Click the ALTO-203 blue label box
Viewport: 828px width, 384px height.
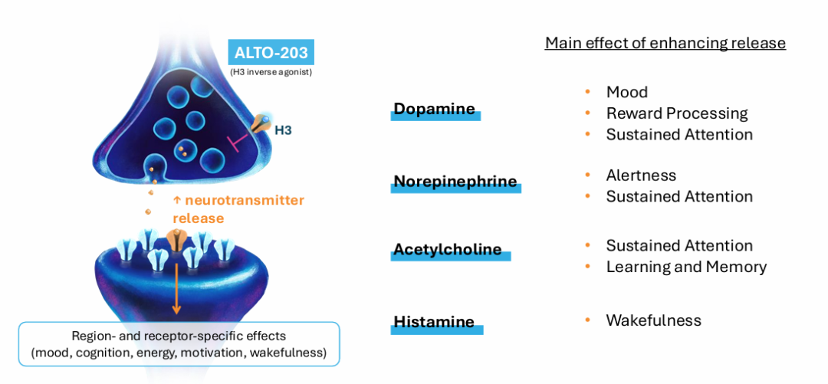(271, 52)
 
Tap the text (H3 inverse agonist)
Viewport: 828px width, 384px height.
(271, 72)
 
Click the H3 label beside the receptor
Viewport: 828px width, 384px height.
(284, 129)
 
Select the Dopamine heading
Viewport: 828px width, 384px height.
(435, 109)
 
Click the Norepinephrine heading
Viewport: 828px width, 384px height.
(455, 182)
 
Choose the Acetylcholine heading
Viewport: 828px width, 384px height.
(447, 249)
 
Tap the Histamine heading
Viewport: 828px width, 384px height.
(433, 321)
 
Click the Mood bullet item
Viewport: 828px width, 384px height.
(627, 93)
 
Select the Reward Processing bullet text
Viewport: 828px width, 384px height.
(677, 113)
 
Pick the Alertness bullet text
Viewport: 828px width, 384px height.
(641, 175)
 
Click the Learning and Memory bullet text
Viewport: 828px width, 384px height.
(686, 267)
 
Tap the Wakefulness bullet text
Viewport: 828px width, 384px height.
(654, 320)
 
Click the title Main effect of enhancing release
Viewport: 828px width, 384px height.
(665, 44)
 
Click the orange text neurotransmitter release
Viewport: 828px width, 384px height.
(238, 209)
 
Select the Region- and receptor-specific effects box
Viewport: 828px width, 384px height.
(179, 344)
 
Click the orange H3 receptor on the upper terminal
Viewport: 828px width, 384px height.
(261, 123)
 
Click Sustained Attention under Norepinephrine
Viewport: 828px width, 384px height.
(679, 196)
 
